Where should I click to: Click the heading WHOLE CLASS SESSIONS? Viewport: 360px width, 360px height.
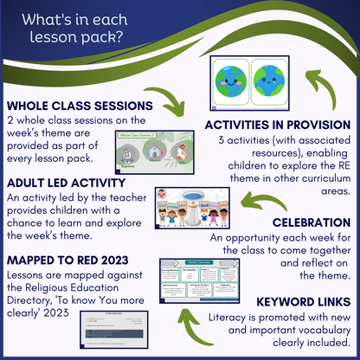[x=79, y=106]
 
